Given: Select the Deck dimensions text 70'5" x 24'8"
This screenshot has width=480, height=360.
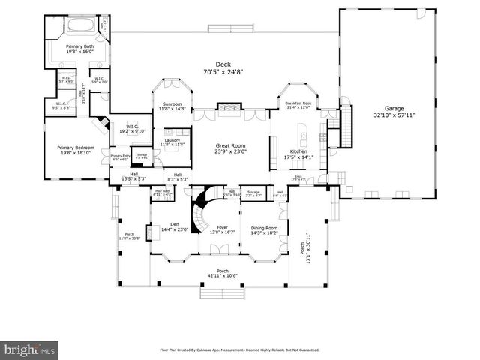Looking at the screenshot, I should (x=220, y=73).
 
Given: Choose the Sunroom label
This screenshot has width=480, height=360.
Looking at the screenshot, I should (x=172, y=104).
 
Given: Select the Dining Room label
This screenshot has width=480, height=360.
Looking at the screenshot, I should (x=263, y=228).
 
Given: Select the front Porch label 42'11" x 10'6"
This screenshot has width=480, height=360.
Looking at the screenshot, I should (x=222, y=271).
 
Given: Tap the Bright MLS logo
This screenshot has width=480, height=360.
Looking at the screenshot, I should (x=30, y=349).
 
